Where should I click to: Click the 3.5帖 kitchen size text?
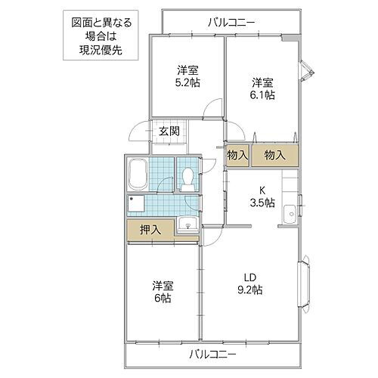(262, 203)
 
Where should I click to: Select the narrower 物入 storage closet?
(237, 155)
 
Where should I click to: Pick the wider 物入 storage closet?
(274, 155)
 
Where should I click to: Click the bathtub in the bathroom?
(138, 175)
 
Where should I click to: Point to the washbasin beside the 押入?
(187, 224)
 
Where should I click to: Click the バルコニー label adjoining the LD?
(213, 354)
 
